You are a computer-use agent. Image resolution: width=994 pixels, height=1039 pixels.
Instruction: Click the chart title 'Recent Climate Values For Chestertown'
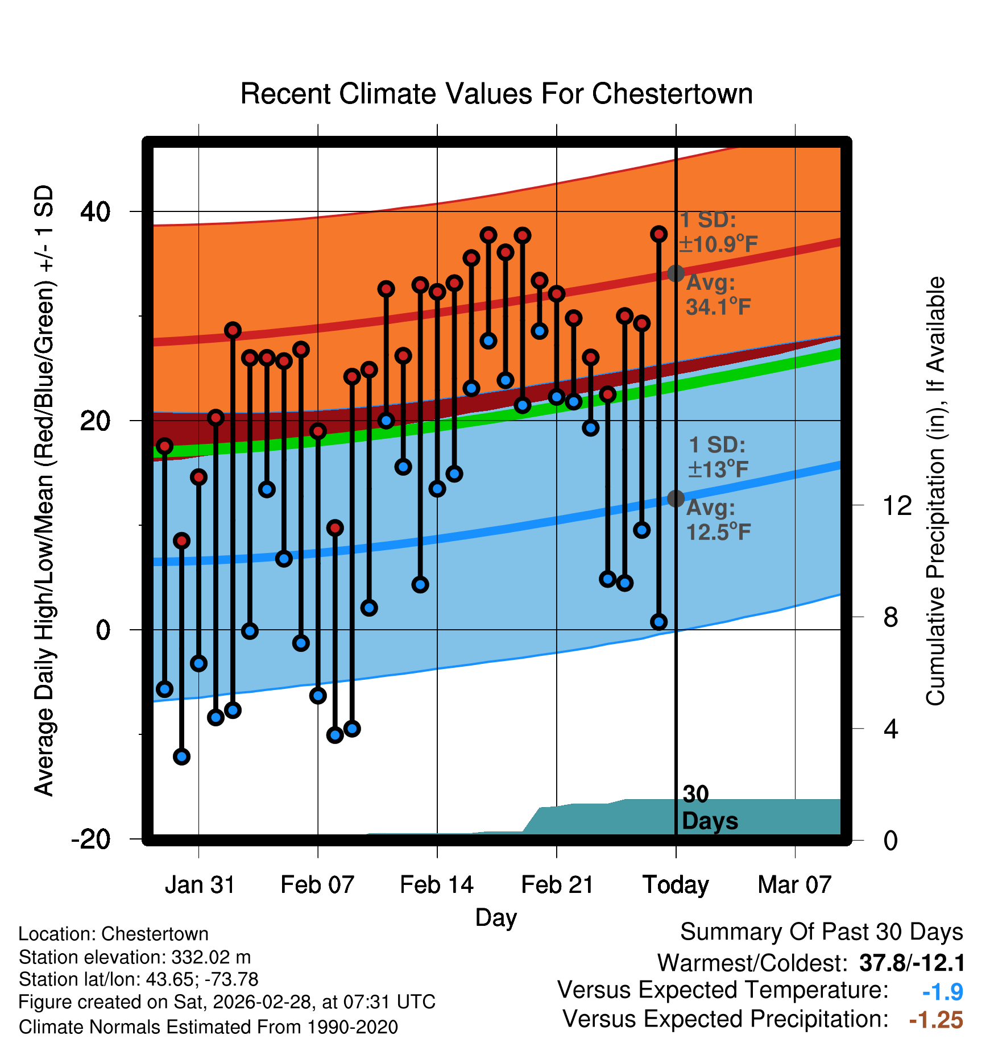[x=496, y=94]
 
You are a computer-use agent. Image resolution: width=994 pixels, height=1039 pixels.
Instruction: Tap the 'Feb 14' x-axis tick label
[x=437, y=885]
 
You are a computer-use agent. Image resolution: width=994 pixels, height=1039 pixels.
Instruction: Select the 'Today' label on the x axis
[x=676, y=885]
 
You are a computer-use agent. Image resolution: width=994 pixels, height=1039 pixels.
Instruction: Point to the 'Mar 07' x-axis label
[x=794, y=885]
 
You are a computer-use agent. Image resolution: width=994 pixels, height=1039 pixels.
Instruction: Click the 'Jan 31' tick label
[x=200, y=885]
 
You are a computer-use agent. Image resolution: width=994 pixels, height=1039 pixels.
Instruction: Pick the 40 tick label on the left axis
[x=95, y=212]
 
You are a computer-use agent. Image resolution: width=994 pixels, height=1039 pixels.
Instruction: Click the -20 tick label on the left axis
[x=90, y=839]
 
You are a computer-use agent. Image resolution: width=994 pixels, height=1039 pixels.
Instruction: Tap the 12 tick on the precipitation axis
[x=897, y=505]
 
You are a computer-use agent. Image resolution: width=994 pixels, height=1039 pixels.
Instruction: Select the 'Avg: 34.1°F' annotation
[x=718, y=295]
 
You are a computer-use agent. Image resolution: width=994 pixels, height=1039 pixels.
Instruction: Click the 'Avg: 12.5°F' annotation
[x=718, y=520]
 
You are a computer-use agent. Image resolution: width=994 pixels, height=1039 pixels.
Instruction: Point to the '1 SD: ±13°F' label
[x=718, y=457]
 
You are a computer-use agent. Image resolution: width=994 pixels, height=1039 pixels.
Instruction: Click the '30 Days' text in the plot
[x=709, y=808]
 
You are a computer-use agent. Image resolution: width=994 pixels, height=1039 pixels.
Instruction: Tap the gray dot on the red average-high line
[x=676, y=273]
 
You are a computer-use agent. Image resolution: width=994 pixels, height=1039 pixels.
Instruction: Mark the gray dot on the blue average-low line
[x=676, y=498]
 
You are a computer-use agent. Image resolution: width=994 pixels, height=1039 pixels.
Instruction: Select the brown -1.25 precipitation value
[x=936, y=1020]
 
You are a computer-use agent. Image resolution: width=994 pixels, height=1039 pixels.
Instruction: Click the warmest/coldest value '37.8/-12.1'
[x=912, y=963]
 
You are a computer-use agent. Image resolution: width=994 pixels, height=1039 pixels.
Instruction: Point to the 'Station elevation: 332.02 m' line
[x=135, y=957]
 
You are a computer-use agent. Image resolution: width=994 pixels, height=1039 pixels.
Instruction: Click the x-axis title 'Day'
[x=496, y=917]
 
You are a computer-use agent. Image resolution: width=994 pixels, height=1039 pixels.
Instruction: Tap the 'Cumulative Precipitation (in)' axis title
[x=935, y=491]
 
